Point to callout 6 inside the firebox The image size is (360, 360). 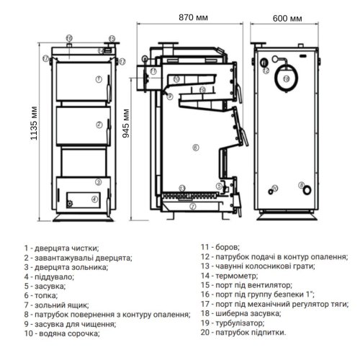click(194, 148)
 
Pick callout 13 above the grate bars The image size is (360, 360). click(182, 188)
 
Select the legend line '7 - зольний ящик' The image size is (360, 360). click(55, 304)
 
